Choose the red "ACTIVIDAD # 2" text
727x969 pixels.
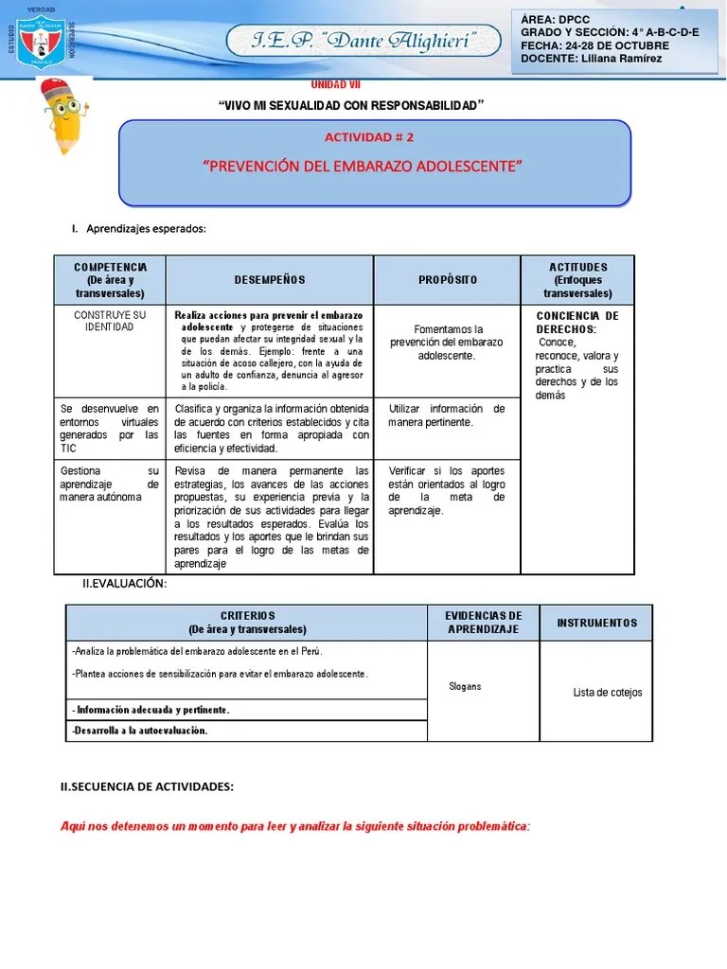click(x=375, y=136)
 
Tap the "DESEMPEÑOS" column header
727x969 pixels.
click(x=270, y=280)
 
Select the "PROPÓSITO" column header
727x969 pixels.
click(x=447, y=280)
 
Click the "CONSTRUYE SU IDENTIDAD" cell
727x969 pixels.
click(x=110, y=321)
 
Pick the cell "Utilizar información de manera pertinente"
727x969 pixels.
click(x=447, y=415)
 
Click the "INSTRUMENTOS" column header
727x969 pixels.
click(x=596, y=623)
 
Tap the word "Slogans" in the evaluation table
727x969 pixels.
click(x=465, y=686)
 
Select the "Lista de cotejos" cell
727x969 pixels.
click(x=607, y=693)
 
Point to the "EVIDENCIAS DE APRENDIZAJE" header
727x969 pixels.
click(x=484, y=623)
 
